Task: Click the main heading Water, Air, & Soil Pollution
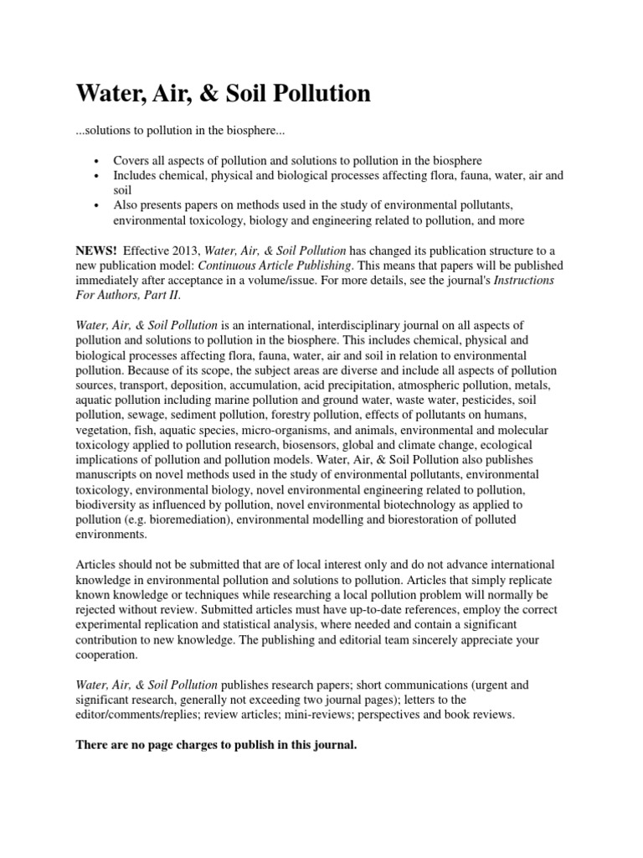(223, 94)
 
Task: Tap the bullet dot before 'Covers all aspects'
(98, 161)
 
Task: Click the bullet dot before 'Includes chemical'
(98, 176)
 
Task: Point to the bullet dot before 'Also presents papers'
(98, 206)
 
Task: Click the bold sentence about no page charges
(216, 745)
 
